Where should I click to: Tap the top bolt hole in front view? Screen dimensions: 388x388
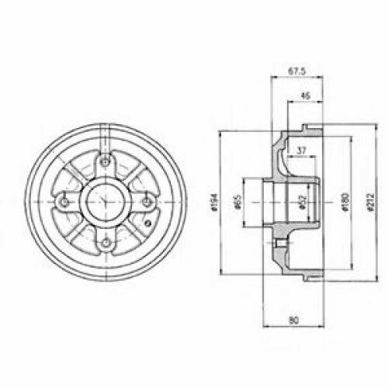click(104, 161)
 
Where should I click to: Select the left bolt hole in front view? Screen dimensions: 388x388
click(64, 203)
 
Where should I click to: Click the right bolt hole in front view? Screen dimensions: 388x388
click(146, 203)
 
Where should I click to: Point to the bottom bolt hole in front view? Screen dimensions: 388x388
click(105, 244)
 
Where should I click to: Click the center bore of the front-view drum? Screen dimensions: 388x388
click(105, 203)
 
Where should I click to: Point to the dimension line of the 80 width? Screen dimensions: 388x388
click(292, 324)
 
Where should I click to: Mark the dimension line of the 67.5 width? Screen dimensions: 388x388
click(293, 78)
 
